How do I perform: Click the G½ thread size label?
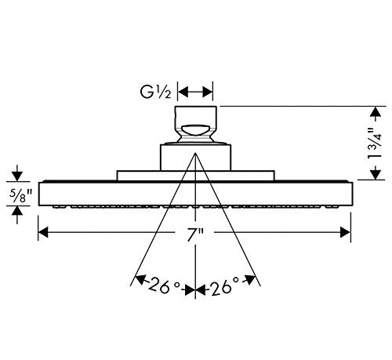(x=156, y=92)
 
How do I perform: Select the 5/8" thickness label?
(x=20, y=195)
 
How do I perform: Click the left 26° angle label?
(x=165, y=285)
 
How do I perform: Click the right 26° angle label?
(x=225, y=286)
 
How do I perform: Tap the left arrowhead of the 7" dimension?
(x=43, y=232)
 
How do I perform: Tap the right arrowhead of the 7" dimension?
(x=345, y=232)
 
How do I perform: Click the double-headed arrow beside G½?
(x=195, y=92)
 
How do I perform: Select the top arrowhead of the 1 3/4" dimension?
(x=376, y=112)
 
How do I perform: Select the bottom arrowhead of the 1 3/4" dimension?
(x=376, y=174)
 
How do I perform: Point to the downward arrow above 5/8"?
(x=17, y=173)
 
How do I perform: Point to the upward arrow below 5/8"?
(x=17, y=215)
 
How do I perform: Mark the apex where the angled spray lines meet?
(x=195, y=153)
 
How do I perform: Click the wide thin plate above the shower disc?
(x=195, y=176)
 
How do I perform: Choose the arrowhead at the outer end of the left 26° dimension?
(x=140, y=280)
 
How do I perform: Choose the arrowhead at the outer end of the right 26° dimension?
(x=250, y=280)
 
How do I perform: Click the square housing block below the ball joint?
(x=195, y=158)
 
